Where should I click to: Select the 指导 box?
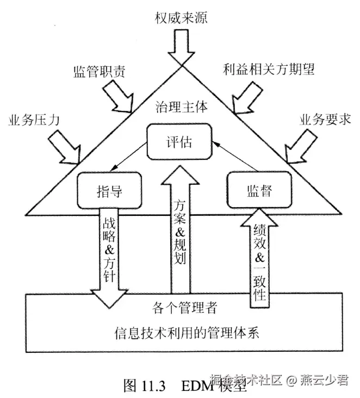(109, 191)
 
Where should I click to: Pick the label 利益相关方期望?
(269, 69)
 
